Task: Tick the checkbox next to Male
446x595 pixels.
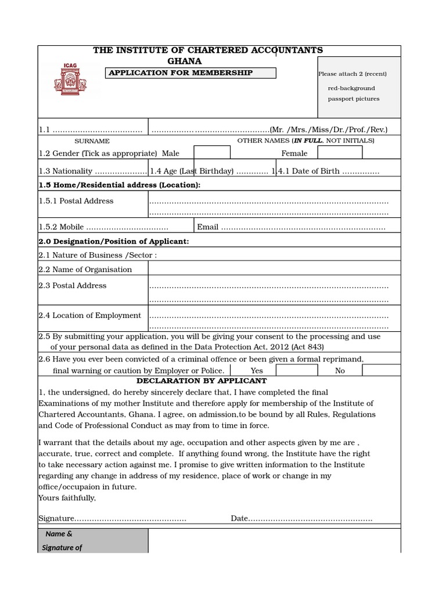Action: point(211,152)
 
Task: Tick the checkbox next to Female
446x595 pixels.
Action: point(340,152)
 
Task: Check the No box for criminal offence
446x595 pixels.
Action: point(381,370)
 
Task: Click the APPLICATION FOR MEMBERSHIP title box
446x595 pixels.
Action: point(190,73)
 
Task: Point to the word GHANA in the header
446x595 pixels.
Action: point(185,61)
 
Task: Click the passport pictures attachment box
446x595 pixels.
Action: point(359,87)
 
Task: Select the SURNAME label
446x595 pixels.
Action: point(92,141)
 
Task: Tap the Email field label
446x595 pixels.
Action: point(208,227)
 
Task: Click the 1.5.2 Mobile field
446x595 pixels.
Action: point(103,227)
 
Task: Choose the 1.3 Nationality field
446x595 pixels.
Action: point(92,171)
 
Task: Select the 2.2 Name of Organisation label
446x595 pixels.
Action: point(85,270)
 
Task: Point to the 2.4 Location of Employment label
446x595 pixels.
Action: point(90,316)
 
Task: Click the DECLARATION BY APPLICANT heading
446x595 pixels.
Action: point(202,381)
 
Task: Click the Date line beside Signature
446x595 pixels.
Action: point(301,518)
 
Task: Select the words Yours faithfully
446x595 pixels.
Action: point(67,498)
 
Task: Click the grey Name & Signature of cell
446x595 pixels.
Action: point(93,540)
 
